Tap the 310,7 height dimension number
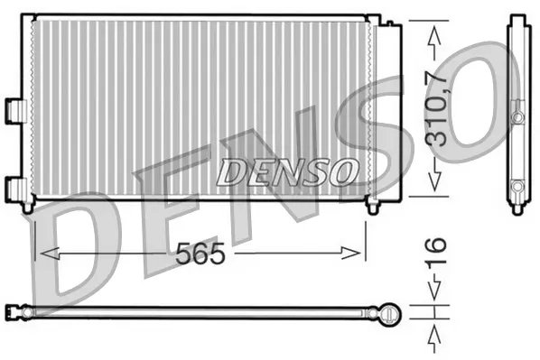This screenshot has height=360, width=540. click(x=435, y=108)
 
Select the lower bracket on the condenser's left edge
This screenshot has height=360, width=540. click(x=14, y=188)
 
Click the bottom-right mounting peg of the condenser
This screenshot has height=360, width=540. click(x=372, y=207)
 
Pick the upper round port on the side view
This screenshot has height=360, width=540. click(x=517, y=117)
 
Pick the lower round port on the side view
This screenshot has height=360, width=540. click(x=517, y=187)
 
